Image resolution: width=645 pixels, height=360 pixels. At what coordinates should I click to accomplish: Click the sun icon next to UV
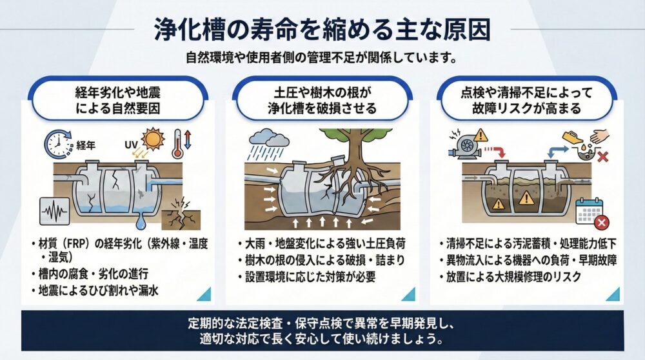coord(153,139)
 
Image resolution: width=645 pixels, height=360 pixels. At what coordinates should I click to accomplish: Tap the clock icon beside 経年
coord(57,144)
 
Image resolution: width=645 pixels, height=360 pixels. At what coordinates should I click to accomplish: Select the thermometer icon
coord(178,144)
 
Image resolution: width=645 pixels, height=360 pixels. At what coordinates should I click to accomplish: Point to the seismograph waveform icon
coord(55,212)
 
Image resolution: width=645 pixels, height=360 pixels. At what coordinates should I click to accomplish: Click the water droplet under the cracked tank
coord(141,223)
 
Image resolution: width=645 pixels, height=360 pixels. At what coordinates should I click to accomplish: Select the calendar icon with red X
coord(591,212)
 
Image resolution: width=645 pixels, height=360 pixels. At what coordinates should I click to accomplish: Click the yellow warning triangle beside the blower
coord(480,135)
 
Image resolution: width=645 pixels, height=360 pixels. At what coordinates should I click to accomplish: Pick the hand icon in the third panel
coord(600,135)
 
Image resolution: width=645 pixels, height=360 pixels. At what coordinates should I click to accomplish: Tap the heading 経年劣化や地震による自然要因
coord(117,100)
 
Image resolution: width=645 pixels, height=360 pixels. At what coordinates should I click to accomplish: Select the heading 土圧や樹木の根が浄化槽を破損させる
coord(322,100)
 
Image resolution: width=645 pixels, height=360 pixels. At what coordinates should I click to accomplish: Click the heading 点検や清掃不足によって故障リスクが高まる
coord(526,100)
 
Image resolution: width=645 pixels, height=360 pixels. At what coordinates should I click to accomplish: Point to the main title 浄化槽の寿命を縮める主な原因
coord(322,30)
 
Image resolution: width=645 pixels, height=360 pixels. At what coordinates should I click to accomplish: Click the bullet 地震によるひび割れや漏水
coord(98,291)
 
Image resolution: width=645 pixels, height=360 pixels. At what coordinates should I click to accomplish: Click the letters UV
coord(131,145)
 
